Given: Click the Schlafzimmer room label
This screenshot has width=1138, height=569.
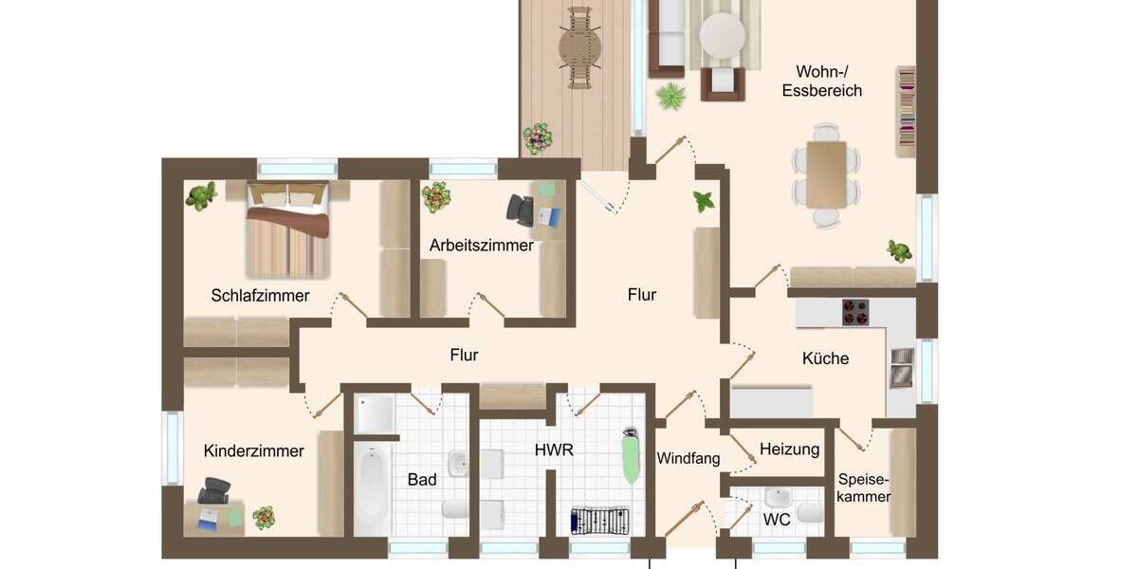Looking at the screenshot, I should (x=260, y=296).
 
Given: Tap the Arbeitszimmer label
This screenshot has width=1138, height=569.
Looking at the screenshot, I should (x=481, y=246).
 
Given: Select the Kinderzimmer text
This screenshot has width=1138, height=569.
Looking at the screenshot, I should (x=253, y=451).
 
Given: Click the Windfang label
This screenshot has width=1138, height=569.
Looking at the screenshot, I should (x=688, y=459).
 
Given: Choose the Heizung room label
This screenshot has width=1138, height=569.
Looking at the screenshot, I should (x=789, y=450).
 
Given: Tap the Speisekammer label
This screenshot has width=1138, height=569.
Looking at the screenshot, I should (x=864, y=488).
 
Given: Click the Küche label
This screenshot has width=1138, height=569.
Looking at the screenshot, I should (x=825, y=358).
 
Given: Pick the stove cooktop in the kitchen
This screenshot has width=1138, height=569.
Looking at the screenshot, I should (x=855, y=312).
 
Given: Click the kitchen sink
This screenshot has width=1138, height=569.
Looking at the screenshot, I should (x=900, y=368).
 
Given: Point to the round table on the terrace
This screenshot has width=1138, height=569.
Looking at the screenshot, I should (x=579, y=46).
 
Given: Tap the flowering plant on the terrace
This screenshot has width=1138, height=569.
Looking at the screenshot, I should (x=538, y=138).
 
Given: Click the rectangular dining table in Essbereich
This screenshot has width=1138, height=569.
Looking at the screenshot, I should (x=826, y=174).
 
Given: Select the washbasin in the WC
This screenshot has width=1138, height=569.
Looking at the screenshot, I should (x=778, y=497).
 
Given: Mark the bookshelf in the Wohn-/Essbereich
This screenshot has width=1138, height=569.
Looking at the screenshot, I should (x=906, y=110).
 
